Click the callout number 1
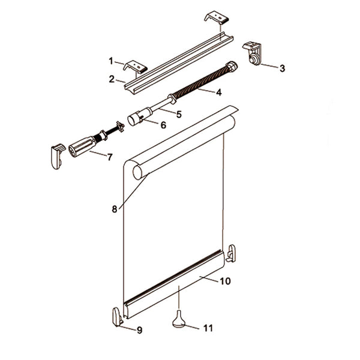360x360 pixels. point(111,60)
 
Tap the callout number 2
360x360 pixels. point(112,78)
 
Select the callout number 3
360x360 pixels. point(282,68)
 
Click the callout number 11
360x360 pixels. point(208,328)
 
